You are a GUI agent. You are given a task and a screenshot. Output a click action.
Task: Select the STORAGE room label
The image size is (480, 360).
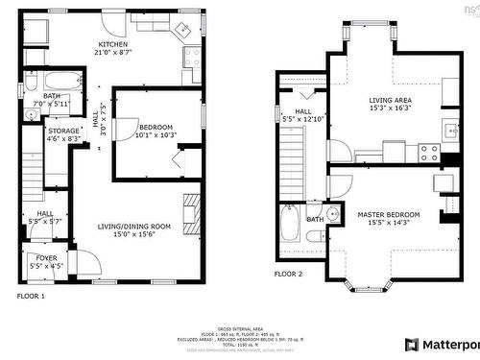[x=64, y=131]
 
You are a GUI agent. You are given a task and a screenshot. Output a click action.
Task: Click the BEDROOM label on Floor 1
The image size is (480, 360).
[x=156, y=128]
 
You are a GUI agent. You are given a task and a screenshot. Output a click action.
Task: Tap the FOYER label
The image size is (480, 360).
[x=46, y=258]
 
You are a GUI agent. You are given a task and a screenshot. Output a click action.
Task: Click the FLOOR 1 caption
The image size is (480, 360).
[x=31, y=297]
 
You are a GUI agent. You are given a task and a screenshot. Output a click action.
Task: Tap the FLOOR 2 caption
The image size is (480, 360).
[x=288, y=274]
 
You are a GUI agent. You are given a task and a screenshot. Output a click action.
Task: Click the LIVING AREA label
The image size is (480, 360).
[x=391, y=99]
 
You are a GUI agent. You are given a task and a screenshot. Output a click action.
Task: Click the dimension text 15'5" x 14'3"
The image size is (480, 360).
[x=389, y=223]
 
